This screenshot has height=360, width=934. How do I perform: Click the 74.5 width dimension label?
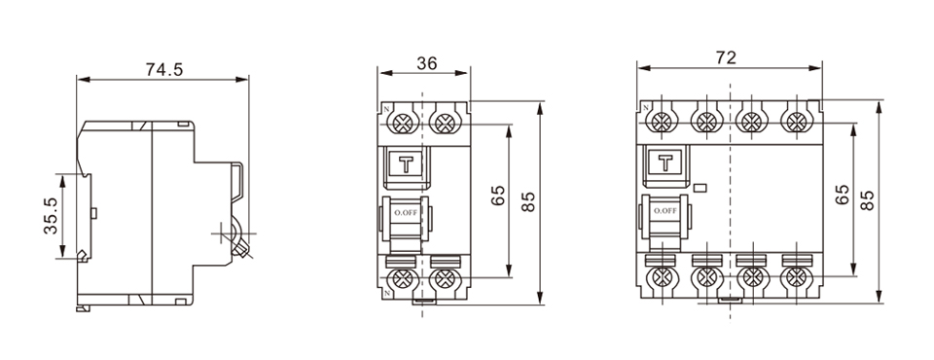(x=164, y=69)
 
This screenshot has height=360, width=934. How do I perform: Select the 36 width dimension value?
(x=426, y=63)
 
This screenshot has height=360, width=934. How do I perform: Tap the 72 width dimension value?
(x=725, y=57)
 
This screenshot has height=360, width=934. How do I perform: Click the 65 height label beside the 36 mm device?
(x=497, y=195)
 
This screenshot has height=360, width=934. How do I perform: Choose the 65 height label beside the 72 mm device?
(x=844, y=195)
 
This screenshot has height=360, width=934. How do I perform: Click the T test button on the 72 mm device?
(x=665, y=162)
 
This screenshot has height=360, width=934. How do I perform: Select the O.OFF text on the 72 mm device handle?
(x=665, y=211)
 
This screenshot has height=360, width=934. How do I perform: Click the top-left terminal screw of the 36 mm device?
(x=402, y=122)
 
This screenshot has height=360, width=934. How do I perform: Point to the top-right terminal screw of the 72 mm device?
(x=796, y=122)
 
